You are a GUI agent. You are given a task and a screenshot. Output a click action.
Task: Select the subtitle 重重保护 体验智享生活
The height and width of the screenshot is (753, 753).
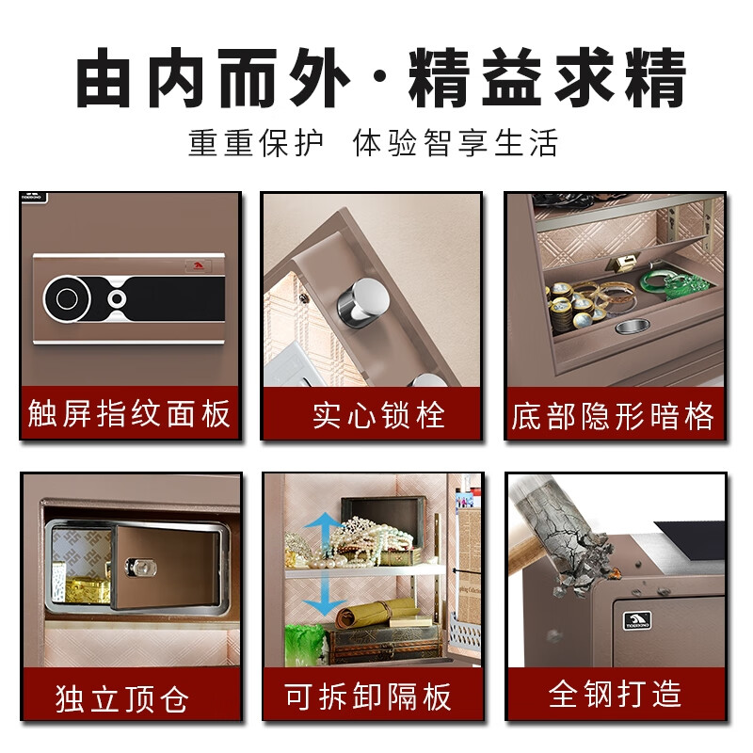point(374,143)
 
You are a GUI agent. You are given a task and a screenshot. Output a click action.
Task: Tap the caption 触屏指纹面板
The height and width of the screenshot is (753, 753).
point(130,414)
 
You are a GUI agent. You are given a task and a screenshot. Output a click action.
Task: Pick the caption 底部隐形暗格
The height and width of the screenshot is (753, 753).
point(614,415)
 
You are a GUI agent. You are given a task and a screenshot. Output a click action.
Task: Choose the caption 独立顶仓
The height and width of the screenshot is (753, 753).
point(122,697)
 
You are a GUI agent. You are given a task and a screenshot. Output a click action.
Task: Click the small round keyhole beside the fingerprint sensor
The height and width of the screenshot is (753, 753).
point(117,299)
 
